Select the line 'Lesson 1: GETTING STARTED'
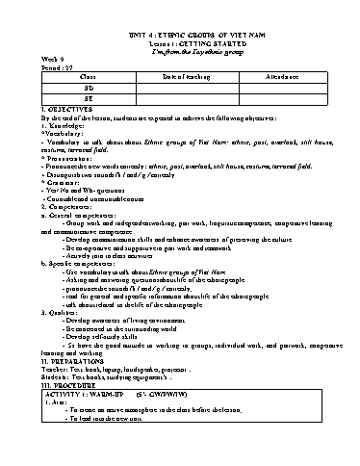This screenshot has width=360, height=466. (x=180, y=42)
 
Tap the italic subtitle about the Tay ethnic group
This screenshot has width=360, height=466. (x=180, y=51)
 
